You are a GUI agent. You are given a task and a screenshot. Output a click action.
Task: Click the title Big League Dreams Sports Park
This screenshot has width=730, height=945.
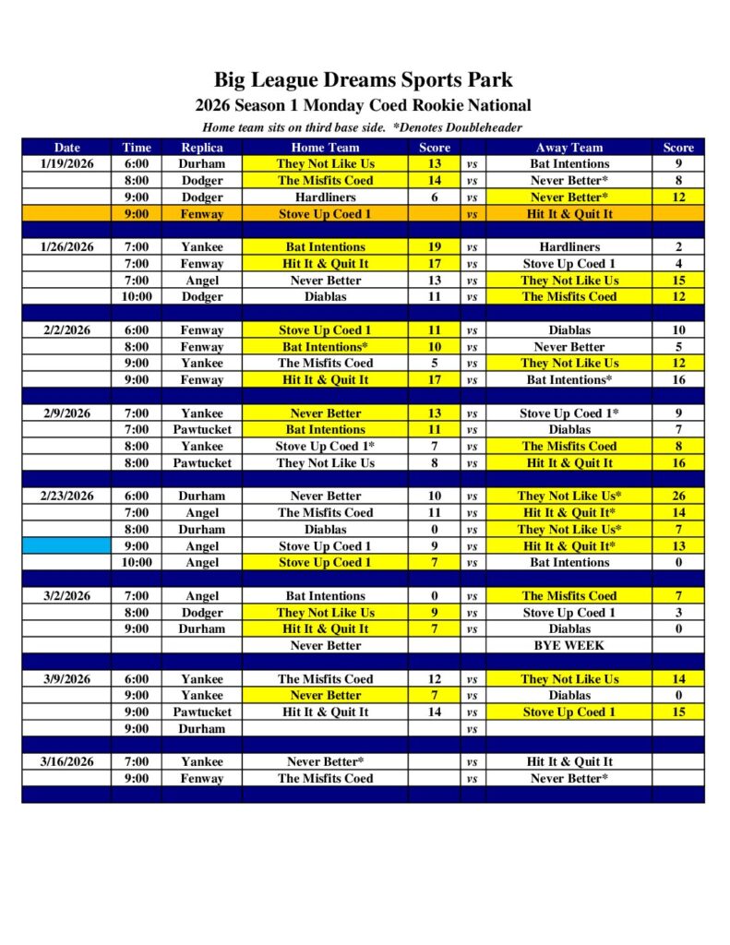tap(364, 79)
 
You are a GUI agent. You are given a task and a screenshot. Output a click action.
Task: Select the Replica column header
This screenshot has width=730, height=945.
tap(201, 148)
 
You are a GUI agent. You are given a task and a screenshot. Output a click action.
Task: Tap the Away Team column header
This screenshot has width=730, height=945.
tap(568, 148)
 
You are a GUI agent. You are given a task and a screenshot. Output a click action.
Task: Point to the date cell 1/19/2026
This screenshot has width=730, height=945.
tap(66, 164)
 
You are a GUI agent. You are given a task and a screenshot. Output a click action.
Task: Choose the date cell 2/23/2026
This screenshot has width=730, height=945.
tap(66, 496)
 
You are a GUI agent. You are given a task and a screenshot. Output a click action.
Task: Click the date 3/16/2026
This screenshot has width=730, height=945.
tap(66, 762)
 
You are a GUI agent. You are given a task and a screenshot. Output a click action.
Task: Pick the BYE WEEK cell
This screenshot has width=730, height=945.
tap(568, 646)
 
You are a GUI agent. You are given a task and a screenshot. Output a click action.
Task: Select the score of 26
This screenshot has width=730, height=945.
tap(678, 496)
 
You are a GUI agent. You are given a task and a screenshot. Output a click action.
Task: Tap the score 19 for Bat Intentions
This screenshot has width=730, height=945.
tap(435, 247)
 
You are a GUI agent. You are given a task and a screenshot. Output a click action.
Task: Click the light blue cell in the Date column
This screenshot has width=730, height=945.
tap(66, 546)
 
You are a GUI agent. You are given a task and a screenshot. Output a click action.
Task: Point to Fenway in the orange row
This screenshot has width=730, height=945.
tap(201, 214)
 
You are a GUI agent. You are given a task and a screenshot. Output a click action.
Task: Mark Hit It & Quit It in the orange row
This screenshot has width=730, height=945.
tap(568, 214)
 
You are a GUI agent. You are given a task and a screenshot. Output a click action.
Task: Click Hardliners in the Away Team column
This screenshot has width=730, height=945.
tap(568, 247)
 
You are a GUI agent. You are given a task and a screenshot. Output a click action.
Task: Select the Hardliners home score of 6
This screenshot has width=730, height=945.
tap(435, 197)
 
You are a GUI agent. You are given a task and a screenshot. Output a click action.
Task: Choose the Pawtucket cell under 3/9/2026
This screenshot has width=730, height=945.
tap(201, 712)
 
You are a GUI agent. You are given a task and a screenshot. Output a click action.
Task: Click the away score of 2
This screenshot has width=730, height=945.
tap(678, 247)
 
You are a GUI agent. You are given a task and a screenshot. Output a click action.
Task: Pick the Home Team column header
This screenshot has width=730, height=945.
tap(325, 148)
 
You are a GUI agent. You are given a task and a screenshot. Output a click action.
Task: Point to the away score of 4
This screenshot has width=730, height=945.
tap(678, 264)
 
